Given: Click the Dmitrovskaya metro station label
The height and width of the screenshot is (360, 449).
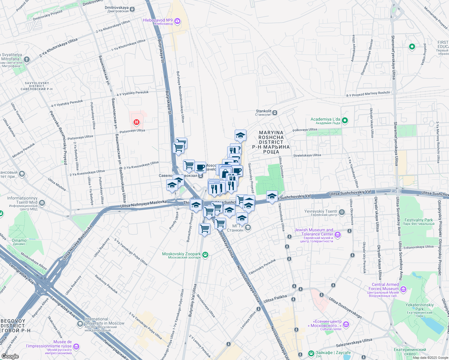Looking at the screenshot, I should pos(116,9).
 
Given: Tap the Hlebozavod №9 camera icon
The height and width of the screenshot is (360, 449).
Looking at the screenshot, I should pos(177,21).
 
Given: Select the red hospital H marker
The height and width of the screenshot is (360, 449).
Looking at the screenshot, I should pos(137,122).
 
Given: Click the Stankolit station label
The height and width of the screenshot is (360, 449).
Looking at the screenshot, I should pos(263,112).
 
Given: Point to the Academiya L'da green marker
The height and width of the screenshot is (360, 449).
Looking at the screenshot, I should pos(345,121).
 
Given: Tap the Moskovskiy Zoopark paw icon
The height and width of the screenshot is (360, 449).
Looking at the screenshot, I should pos(205,255).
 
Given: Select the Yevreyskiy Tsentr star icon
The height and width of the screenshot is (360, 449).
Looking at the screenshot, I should pos(342,213).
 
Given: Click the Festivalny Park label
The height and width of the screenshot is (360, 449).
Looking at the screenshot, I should pos(418,221).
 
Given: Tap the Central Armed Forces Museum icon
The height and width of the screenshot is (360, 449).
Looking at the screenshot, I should pos(403,289).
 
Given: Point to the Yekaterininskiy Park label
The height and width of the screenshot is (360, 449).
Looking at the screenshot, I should pos(420,307).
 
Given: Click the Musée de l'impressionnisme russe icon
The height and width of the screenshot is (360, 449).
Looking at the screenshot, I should pos(76,347).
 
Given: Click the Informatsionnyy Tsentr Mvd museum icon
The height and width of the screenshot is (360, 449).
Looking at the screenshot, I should pos(42,203).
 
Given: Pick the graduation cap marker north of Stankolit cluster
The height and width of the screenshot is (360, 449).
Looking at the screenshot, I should pos(240,136).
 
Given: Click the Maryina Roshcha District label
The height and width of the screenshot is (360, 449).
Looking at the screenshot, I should pos(271,142).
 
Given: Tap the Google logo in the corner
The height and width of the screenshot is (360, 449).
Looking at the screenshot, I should pos(10,356).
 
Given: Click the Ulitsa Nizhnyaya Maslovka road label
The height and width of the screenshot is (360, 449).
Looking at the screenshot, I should pos(143,204).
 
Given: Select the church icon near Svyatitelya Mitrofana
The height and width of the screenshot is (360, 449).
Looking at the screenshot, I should pos(27,60).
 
